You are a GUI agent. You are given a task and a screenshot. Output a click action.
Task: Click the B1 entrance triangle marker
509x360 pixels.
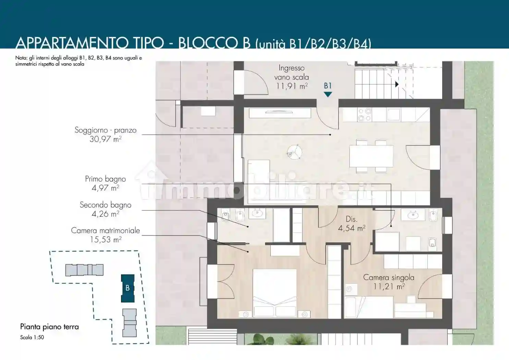(x=328, y=94)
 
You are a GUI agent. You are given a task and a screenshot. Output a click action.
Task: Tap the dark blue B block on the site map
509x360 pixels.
(x=128, y=288)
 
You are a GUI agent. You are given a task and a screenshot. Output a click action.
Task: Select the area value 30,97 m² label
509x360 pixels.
(x=106, y=139)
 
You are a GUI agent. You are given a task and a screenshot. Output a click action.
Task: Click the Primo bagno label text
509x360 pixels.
(x=106, y=179)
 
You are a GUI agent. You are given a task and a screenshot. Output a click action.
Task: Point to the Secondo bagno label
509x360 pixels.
(x=106, y=205)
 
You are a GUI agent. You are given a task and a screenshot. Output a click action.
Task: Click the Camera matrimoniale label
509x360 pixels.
(x=106, y=230)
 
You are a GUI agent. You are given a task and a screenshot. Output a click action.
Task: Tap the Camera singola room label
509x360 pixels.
(x=389, y=277)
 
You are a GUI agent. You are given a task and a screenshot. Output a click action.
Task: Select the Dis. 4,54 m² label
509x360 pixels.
(x=352, y=224)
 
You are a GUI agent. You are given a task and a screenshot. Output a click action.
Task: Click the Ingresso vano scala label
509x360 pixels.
(x=292, y=72)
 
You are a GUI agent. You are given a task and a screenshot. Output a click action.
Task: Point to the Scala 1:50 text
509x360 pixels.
(x=32, y=337)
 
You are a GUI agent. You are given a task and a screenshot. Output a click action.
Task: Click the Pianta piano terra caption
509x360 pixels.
(x=50, y=327)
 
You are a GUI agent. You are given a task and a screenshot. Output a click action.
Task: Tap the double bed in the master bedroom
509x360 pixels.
(x=275, y=293)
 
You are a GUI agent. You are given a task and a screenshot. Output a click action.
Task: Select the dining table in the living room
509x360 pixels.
(x=371, y=156)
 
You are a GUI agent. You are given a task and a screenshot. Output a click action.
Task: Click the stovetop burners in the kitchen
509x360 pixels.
(x=364, y=115)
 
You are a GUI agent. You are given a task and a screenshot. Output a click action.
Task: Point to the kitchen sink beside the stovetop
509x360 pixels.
(x=393, y=114)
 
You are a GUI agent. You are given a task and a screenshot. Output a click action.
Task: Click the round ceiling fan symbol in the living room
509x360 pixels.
(x=294, y=152)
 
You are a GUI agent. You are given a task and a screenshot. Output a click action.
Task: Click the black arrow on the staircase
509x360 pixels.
(x=397, y=84)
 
